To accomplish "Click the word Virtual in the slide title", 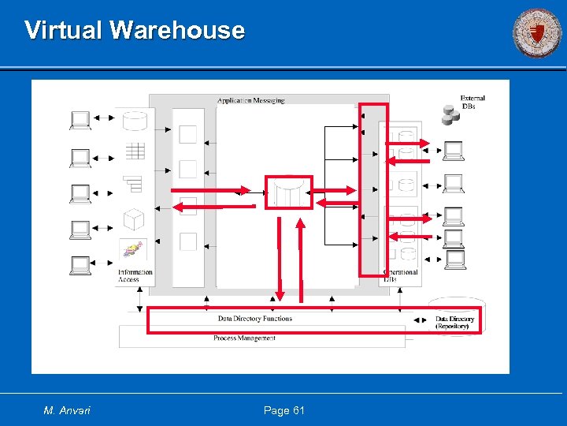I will point(65,31).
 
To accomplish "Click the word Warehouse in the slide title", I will point(177,31).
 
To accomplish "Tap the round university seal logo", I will point(538,33).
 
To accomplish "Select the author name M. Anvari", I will point(68,410).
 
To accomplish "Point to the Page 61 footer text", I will point(284,410).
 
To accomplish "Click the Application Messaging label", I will point(251,100).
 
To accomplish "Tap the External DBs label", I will point(472,103).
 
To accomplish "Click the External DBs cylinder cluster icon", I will point(450,115).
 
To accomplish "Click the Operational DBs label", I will point(401,276).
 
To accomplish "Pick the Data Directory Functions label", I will point(255,319).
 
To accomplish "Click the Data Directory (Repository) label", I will point(455,323).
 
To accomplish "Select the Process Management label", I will point(245,338).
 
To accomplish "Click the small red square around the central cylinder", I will point(288,192).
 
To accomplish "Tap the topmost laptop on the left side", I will point(80,120).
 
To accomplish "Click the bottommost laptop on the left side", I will point(80,265).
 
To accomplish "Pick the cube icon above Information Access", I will point(134,219).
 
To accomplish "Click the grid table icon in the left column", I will point(135,150).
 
